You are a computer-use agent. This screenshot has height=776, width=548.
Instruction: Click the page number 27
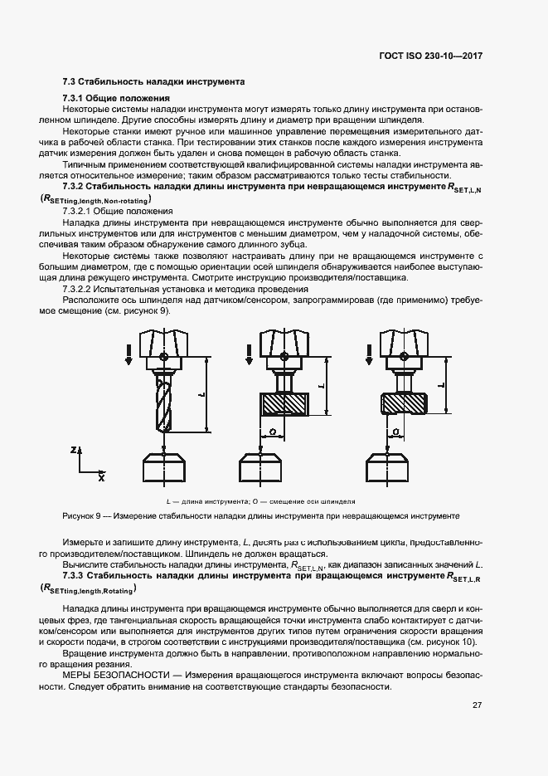pyautogui.click(x=477, y=705)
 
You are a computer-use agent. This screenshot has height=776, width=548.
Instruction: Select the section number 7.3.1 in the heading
pyautogui.click(x=77, y=99)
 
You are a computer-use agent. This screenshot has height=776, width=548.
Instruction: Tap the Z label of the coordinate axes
pyautogui.click(x=74, y=449)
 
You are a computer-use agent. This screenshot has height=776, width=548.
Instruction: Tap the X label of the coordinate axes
pyautogui.click(x=101, y=478)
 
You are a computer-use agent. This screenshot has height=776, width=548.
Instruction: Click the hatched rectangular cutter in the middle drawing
pyautogui.click(x=284, y=403)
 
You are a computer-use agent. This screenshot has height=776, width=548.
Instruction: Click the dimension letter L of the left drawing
pyautogui.click(x=201, y=394)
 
